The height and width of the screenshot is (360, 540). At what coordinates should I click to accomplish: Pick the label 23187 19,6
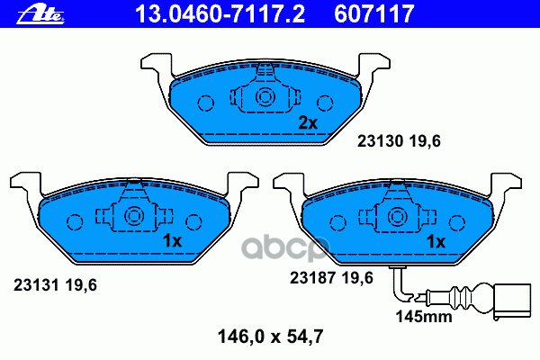click(x=330, y=278)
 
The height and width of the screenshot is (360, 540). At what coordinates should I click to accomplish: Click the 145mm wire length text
click(x=423, y=317)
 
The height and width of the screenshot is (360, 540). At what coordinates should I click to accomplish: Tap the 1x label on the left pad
click(x=171, y=241)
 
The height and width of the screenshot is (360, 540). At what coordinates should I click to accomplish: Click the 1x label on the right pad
click(x=436, y=241)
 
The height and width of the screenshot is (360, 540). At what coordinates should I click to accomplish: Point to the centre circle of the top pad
click(x=265, y=98)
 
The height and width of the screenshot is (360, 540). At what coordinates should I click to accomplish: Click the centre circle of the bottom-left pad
click(x=134, y=217)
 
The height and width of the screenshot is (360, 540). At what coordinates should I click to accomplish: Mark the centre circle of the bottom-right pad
click(x=397, y=217)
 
